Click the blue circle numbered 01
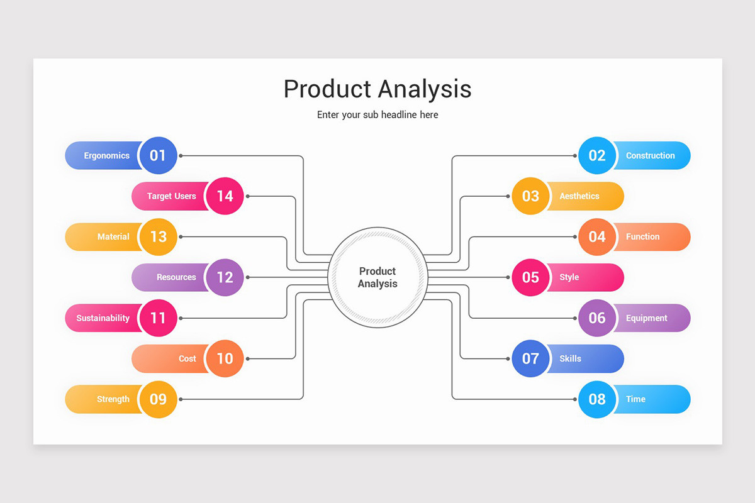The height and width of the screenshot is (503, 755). [x=158, y=155]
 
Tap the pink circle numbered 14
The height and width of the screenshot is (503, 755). [x=225, y=196]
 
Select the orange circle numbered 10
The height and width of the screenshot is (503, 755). [x=225, y=358]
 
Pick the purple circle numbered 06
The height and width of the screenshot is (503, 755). [x=596, y=318]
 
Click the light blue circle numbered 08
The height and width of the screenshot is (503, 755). [x=596, y=399]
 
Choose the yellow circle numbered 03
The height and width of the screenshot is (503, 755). [x=530, y=196]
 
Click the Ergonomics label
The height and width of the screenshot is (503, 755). [x=106, y=156]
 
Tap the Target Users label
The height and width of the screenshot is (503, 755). [x=171, y=196]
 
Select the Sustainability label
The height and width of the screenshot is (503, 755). [x=103, y=318]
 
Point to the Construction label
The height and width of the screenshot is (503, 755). [x=650, y=156]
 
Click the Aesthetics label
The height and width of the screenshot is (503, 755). [x=579, y=196]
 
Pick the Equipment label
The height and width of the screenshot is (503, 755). [x=646, y=318]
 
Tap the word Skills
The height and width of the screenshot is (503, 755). [x=570, y=358]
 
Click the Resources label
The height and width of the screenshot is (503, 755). [x=176, y=277]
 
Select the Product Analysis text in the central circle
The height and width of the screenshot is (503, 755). [x=377, y=277]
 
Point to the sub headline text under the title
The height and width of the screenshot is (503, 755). [x=377, y=115]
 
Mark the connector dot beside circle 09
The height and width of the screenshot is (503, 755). [x=181, y=399]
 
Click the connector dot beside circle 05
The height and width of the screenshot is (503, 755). [x=508, y=277]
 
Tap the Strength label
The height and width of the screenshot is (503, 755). [x=113, y=399]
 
